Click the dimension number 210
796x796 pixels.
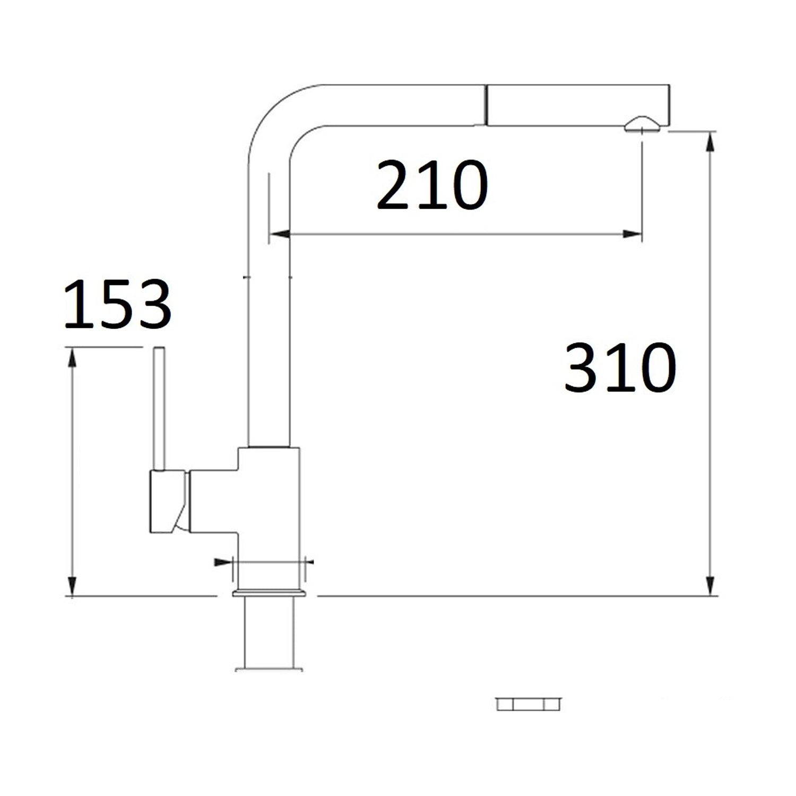coord(431,185)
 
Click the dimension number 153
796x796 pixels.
coord(117,305)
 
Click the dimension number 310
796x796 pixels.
coord(619,367)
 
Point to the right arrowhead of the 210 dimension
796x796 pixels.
coord(633,234)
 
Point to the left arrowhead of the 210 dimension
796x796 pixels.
coord(280,234)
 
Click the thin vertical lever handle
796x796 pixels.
coord(159,409)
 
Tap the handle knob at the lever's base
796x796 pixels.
coord(167,501)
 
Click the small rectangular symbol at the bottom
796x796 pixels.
coord(528,704)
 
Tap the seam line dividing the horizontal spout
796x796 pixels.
coord(485,105)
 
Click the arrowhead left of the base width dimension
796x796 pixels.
coord(222,562)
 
